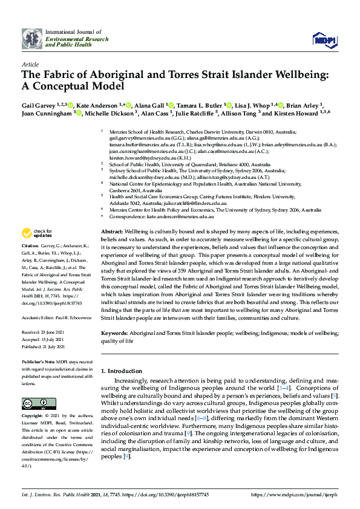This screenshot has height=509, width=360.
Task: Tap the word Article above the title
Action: click(30, 63)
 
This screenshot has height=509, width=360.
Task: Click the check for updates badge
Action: click(36, 233)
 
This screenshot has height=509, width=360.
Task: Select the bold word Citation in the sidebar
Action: click(30, 246)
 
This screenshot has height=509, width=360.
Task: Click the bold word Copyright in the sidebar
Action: click(31, 417)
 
